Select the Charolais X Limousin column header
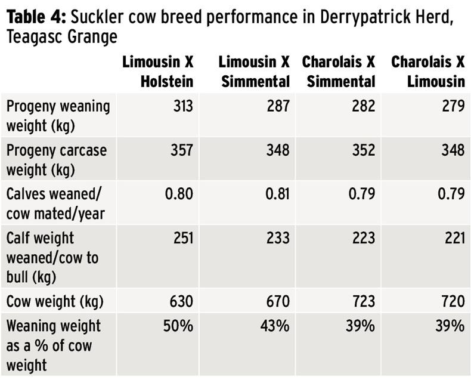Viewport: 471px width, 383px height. click(x=427, y=71)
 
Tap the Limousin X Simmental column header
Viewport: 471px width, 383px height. click(x=254, y=71)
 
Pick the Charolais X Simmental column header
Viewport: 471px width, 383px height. click(x=339, y=71)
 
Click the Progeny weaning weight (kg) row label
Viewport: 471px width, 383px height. click(x=58, y=115)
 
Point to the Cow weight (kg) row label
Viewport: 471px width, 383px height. click(x=55, y=302)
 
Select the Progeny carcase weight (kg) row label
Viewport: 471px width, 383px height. click(x=57, y=158)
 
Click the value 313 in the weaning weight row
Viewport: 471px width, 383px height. click(x=181, y=106)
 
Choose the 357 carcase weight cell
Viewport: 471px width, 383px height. click(x=181, y=150)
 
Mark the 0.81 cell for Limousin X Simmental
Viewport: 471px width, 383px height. click(x=275, y=193)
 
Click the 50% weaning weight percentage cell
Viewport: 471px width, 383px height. click(x=179, y=326)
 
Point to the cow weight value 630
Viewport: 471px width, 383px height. click(x=181, y=302)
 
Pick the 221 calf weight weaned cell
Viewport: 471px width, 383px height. click(x=453, y=238)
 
